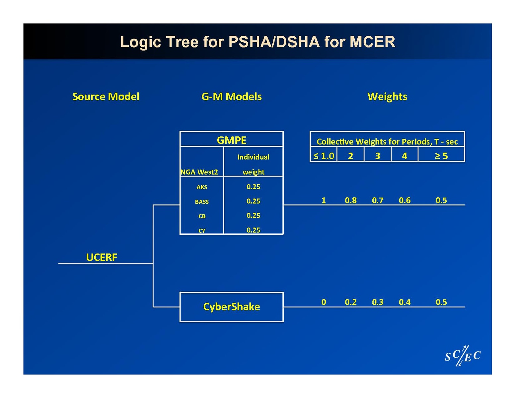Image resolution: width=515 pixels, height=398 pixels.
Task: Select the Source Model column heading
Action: (x=106, y=97)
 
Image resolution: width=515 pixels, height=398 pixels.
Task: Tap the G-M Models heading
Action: (x=232, y=97)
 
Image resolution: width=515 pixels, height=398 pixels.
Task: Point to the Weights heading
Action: (x=387, y=97)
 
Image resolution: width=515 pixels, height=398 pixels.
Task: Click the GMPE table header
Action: (x=232, y=140)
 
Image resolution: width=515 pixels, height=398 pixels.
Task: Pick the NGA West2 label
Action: (x=199, y=172)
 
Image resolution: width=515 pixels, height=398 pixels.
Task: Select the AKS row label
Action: (x=202, y=187)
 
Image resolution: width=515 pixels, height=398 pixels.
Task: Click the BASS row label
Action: (x=202, y=202)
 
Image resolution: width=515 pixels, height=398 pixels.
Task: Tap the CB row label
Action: (x=202, y=216)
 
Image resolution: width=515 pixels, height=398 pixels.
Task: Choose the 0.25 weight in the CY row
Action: (x=253, y=230)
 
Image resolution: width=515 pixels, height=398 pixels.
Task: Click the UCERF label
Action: (x=102, y=257)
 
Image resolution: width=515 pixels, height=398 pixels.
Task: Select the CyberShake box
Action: (x=232, y=307)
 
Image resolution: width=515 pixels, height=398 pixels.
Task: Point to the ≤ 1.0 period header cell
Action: (x=324, y=156)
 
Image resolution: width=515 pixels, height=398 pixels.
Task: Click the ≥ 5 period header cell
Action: (x=441, y=156)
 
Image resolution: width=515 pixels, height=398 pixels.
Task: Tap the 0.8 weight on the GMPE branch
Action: (x=351, y=200)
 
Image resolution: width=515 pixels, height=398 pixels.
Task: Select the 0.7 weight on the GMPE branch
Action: (x=378, y=200)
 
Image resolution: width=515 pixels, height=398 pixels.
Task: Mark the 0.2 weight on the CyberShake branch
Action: (x=351, y=302)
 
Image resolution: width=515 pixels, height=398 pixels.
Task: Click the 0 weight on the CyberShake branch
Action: (x=324, y=302)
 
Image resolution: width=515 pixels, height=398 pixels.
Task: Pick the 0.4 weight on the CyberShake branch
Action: (x=405, y=302)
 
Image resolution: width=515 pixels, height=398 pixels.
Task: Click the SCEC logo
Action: (x=463, y=356)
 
